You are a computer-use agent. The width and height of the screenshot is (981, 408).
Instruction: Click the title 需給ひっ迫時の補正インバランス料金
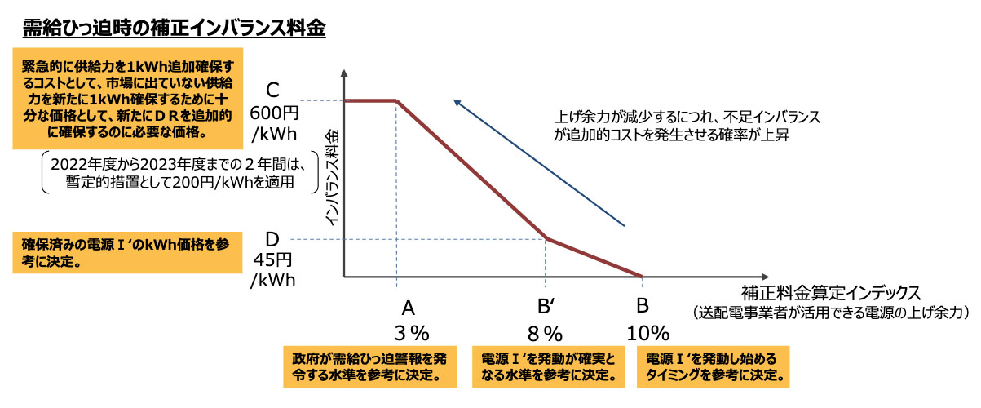click(x=174, y=28)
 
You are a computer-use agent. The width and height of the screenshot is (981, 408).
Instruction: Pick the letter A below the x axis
click(x=409, y=307)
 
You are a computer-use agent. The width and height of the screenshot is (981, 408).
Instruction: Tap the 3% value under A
click(x=410, y=333)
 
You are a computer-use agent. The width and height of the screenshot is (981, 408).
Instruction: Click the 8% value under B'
click(x=546, y=333)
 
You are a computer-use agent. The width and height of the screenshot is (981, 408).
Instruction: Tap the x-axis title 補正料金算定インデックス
click(x=831, y=291)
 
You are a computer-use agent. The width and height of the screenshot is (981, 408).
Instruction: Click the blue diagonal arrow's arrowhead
click(x=457, y=104)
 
